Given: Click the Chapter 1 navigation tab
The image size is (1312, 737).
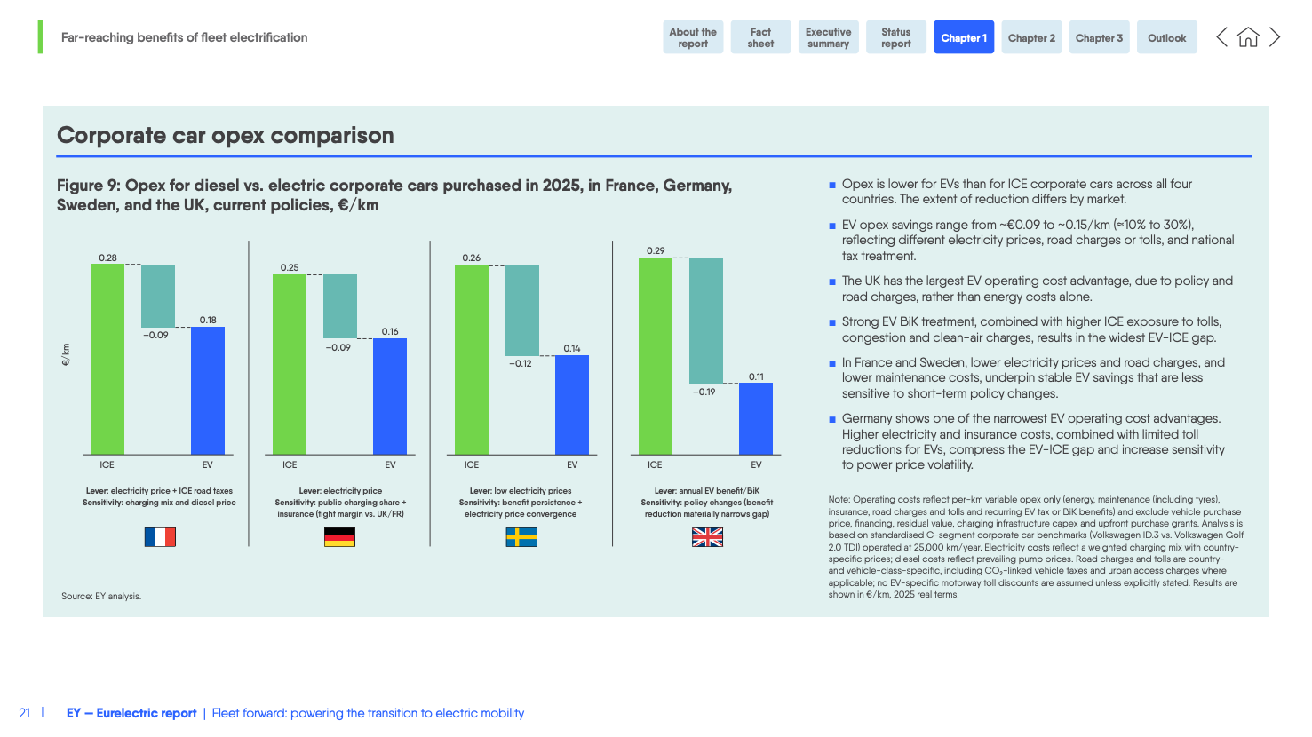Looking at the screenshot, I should (x=963, y=37).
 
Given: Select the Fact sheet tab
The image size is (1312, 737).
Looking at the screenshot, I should (x=760, y=37).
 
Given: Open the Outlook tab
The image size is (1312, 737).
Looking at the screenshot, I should (x=1166, y=37).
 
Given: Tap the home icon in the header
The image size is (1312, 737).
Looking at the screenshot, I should (x=1248, y=37).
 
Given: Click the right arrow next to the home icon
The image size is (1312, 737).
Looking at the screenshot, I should (x=1275, y=37).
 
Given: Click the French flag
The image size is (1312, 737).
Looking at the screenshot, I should (x=160, y=537).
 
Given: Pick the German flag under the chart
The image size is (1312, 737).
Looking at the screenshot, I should (x=339, y=537).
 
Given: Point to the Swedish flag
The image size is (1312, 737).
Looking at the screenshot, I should (x=521, y=537).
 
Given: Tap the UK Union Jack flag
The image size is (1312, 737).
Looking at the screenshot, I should (x=707, y=537).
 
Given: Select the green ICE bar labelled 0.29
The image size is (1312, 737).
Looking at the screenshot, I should (x=656, y=355).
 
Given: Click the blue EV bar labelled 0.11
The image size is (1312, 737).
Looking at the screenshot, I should (x=756, y=418).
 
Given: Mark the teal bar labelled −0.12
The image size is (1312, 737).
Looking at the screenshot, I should (x=522, y=310).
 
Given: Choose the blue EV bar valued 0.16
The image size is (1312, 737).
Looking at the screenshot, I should (x=390, y=396).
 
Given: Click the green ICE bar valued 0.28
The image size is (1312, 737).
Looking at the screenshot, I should (x=107, y=359).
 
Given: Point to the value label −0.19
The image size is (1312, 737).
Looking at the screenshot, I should (x=704, y=392).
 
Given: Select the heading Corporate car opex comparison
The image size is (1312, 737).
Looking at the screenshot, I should (x=226, y=135).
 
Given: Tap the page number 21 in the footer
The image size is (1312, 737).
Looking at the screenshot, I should (x=25, y=713).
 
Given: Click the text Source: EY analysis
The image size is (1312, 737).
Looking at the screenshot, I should (x=101, y=596).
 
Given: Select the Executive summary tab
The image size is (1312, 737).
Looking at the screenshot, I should (x=828, y=37).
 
